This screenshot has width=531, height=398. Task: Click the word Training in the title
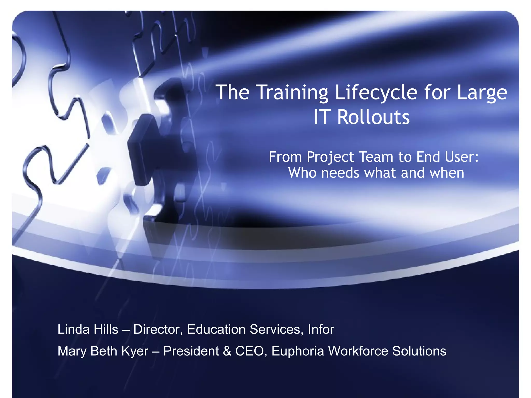pos(292,93)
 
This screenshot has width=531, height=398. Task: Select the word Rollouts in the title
pos(373,117)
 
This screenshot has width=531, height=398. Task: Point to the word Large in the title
pos(482,93)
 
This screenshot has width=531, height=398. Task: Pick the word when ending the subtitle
pos(447,173)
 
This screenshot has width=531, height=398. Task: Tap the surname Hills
pos(106,329)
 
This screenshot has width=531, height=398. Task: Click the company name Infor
pos(321,329)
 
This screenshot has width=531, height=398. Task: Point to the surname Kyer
pos(135,351)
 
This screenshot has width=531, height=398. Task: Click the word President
pos(191,351)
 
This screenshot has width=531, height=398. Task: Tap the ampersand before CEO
pos(227,351)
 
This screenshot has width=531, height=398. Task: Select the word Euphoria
pos(298,351)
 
